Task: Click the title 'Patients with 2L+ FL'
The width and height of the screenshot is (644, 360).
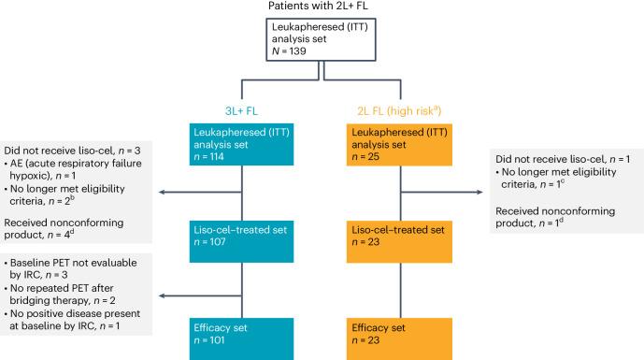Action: coord(322,8)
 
